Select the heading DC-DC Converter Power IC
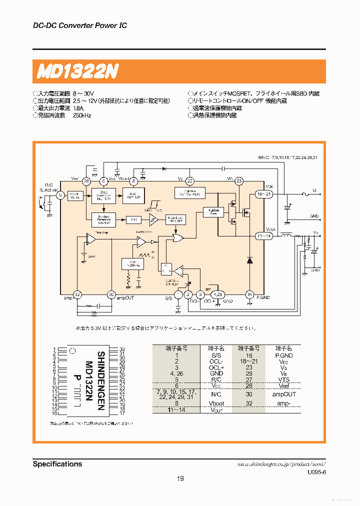pos(79,25)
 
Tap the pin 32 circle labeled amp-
pos(77,294)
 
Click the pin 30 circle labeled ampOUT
pos(111,294)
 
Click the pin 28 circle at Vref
pos(86,181)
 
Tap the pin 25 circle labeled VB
pos(189,181)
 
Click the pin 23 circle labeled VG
pos(239,181)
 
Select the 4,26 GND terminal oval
pos(217,294)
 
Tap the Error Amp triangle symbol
pos(90,239)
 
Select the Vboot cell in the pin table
pos(217,403)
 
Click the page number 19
pos(180,478)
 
